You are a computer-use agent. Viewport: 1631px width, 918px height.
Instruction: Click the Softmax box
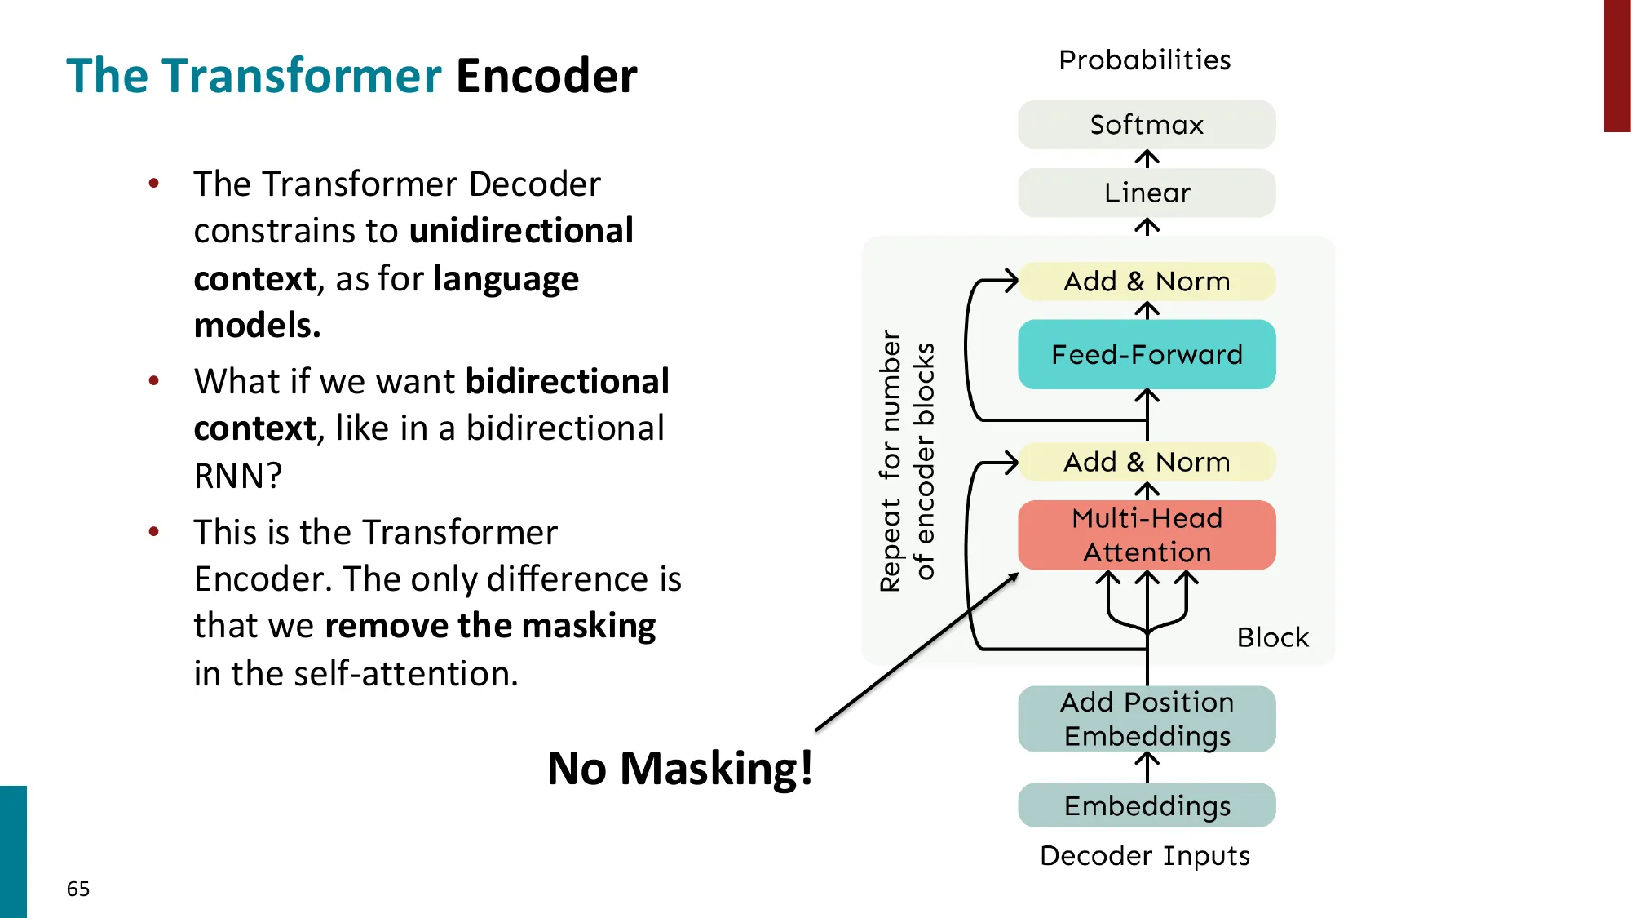pos(1146,125)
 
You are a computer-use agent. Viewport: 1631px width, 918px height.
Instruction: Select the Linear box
pos(1146,193)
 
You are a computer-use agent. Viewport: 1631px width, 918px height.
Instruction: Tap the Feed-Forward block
pos(1146,355)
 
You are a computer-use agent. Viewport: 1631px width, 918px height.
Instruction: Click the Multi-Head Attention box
pos(1146,535)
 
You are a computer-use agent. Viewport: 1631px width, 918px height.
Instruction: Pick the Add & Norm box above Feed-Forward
pos(1146,282)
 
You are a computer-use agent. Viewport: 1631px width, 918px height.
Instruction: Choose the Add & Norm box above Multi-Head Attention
pos(1146,462)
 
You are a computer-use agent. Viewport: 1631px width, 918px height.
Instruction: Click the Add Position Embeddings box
pos(1146,719)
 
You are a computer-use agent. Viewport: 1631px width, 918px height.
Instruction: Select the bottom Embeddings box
pos(1146,805)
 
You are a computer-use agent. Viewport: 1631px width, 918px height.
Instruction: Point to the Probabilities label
pos(1144,60)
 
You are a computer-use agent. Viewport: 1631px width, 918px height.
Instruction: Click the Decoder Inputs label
pos(1144,855)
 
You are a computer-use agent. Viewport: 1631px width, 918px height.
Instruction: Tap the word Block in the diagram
pos(1272,637)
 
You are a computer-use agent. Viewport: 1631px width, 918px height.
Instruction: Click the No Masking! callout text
pos(679,768)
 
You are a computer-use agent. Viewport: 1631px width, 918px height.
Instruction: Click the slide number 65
pos(78,889)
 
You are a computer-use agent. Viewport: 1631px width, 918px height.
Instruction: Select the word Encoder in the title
pos(546,76)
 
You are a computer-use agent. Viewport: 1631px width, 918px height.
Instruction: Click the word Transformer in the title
pos(302,76)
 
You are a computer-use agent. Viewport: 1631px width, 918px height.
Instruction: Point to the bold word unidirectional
pos(521,231)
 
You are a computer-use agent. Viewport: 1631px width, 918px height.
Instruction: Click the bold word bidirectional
pos(567,381)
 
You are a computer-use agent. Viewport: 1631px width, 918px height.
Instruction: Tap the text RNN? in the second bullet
pos(237,476)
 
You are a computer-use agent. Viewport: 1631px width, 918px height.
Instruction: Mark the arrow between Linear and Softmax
pos(1147,158)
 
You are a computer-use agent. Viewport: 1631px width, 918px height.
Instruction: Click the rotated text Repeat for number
pos(890,461)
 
